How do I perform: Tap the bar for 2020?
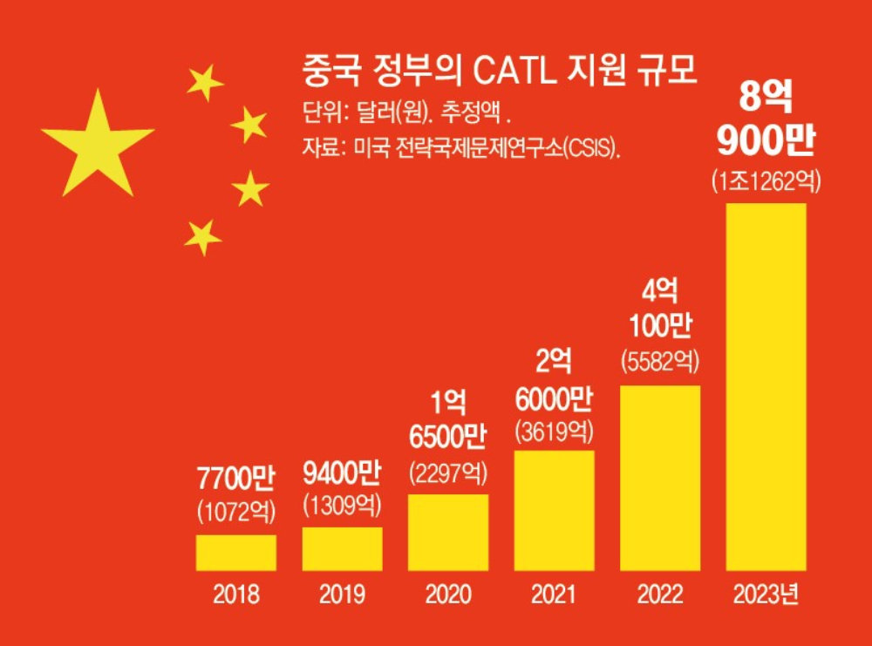[448, 532]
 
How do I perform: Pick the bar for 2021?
[555, 510]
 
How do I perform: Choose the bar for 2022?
[660, 478]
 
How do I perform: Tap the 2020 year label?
[448, 595]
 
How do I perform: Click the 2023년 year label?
[766, 595]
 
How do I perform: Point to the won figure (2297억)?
[448, 473]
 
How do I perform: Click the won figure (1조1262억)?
[766, 182]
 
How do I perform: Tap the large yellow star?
[97, 144]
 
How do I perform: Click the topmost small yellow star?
[205, 83]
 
